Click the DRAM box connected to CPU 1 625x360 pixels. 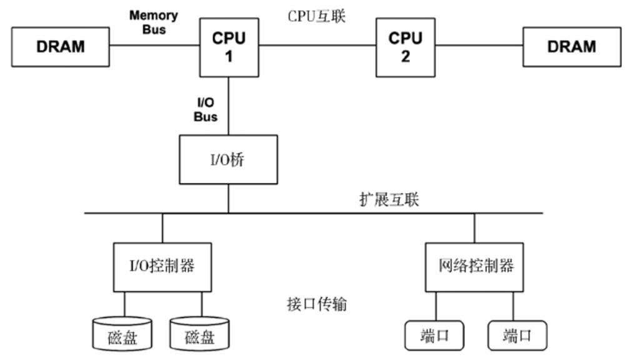click(x=61, y=46)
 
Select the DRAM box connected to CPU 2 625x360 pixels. click(x=571, y=46)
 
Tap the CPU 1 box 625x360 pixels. click(x=229, y=46)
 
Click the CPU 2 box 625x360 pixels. click(x=405, y=46)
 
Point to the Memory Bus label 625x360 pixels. click(x=153, y=22)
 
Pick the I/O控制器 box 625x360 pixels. click(x=162, y=267)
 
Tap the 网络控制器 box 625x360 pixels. click(x=475, y=267)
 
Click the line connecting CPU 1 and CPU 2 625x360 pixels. click(x=317, y=46)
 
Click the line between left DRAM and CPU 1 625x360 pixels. click(x=154, y=46)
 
